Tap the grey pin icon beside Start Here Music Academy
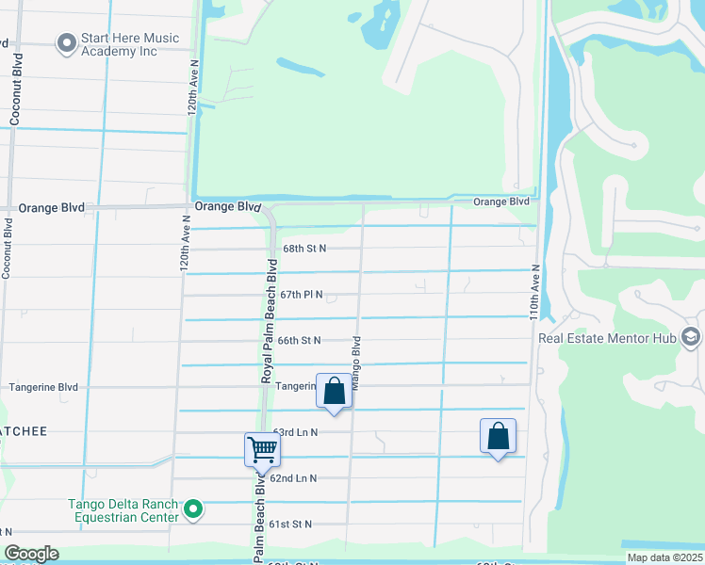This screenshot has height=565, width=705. point(66,43)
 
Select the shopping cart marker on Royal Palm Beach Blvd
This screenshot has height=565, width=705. point(261,449)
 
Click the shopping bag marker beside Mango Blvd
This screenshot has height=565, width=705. point(334,391)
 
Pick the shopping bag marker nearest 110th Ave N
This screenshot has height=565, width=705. point(498,436)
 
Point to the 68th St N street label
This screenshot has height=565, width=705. point(303,249)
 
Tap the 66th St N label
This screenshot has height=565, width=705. point(299,341)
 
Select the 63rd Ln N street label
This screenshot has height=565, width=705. point(295,432)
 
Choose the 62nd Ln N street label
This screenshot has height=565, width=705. point(293,478)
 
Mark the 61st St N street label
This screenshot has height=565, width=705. point(290,524)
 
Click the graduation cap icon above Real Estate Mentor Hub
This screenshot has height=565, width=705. point(690,337)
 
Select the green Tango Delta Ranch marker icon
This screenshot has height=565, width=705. point(194,509)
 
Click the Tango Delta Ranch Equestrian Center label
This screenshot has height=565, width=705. point(123,510)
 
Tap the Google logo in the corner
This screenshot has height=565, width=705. point(31,554)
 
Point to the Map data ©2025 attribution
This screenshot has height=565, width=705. point(664,557)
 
